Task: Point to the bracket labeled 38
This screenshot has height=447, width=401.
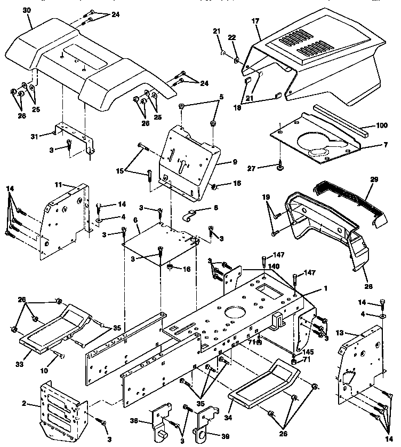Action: tap(161, 420)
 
